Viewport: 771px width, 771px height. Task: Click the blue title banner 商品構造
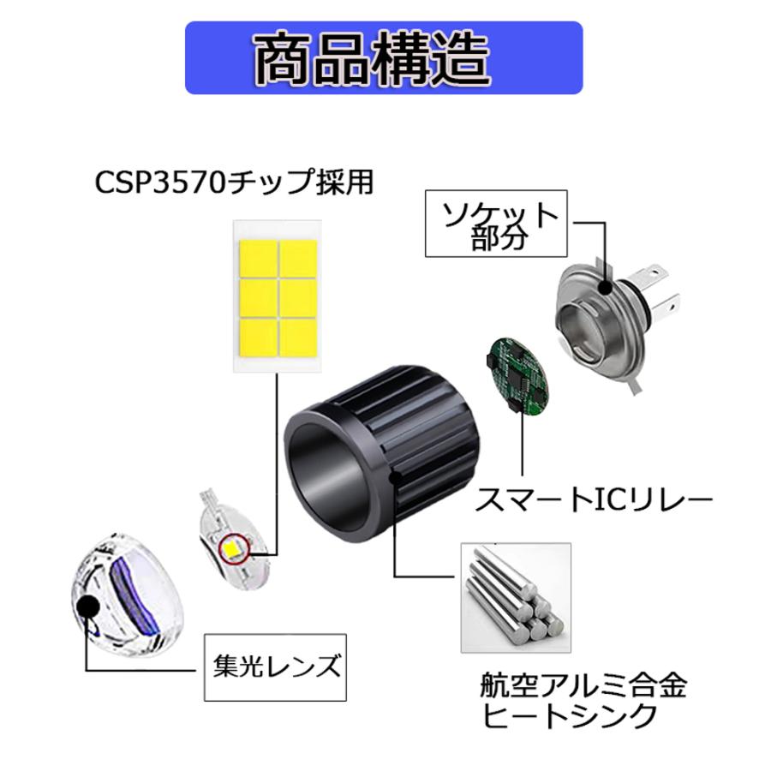[x=384, y=57]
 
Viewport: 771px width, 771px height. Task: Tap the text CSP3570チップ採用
[x=235, y=182]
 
